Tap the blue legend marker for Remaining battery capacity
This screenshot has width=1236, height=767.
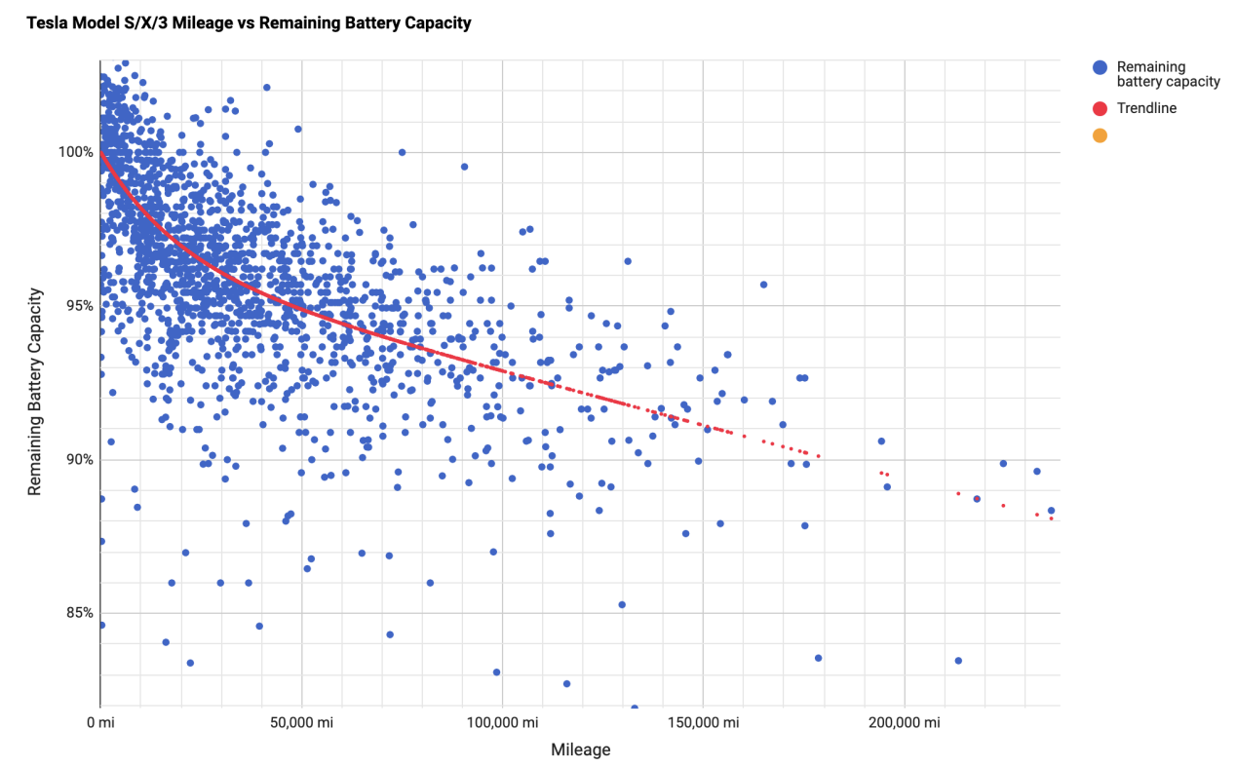1101,67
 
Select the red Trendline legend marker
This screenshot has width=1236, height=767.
1101,108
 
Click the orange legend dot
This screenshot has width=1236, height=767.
1101,135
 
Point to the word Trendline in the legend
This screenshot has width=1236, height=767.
1146,108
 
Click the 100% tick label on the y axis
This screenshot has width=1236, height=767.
76,152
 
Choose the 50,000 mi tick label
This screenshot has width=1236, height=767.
301,722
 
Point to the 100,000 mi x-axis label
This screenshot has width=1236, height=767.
502,722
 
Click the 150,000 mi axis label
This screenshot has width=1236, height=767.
703,722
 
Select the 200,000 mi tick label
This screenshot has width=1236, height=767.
904,722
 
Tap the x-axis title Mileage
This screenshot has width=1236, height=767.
581,749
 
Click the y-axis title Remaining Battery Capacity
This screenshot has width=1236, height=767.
35,392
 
